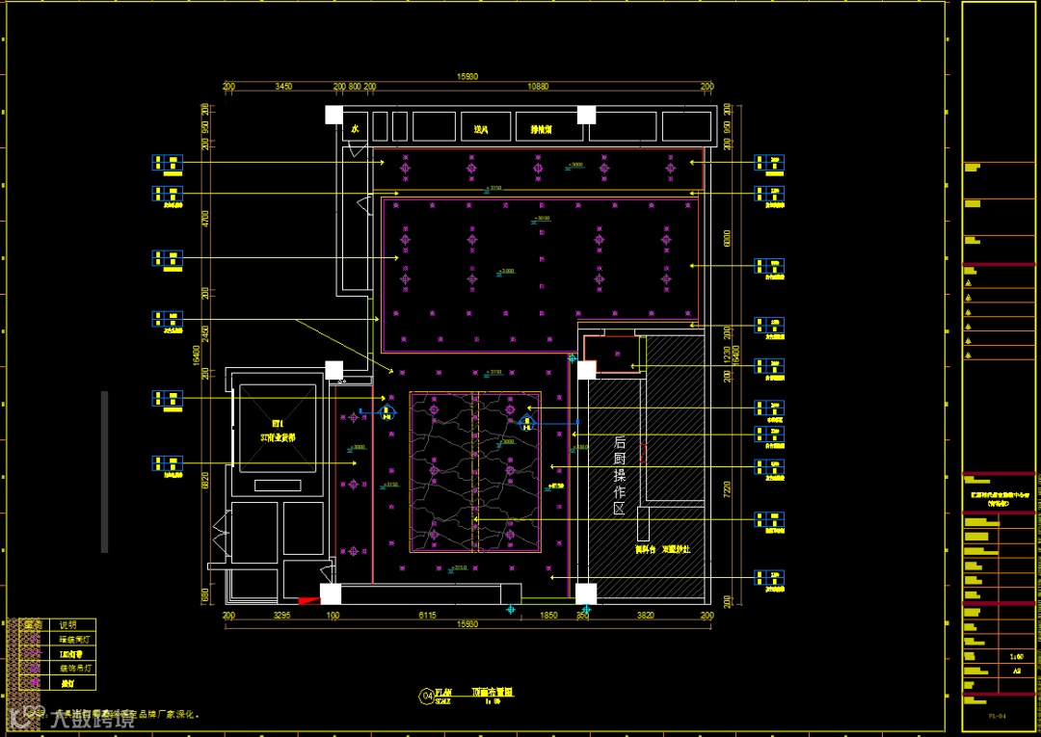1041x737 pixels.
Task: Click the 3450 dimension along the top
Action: [283, 87]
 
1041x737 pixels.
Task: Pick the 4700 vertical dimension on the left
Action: [203, 218]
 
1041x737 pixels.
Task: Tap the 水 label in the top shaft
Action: [355, 128]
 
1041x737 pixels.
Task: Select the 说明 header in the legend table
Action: [67, 624]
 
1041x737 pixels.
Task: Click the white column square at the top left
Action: [333, 115]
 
